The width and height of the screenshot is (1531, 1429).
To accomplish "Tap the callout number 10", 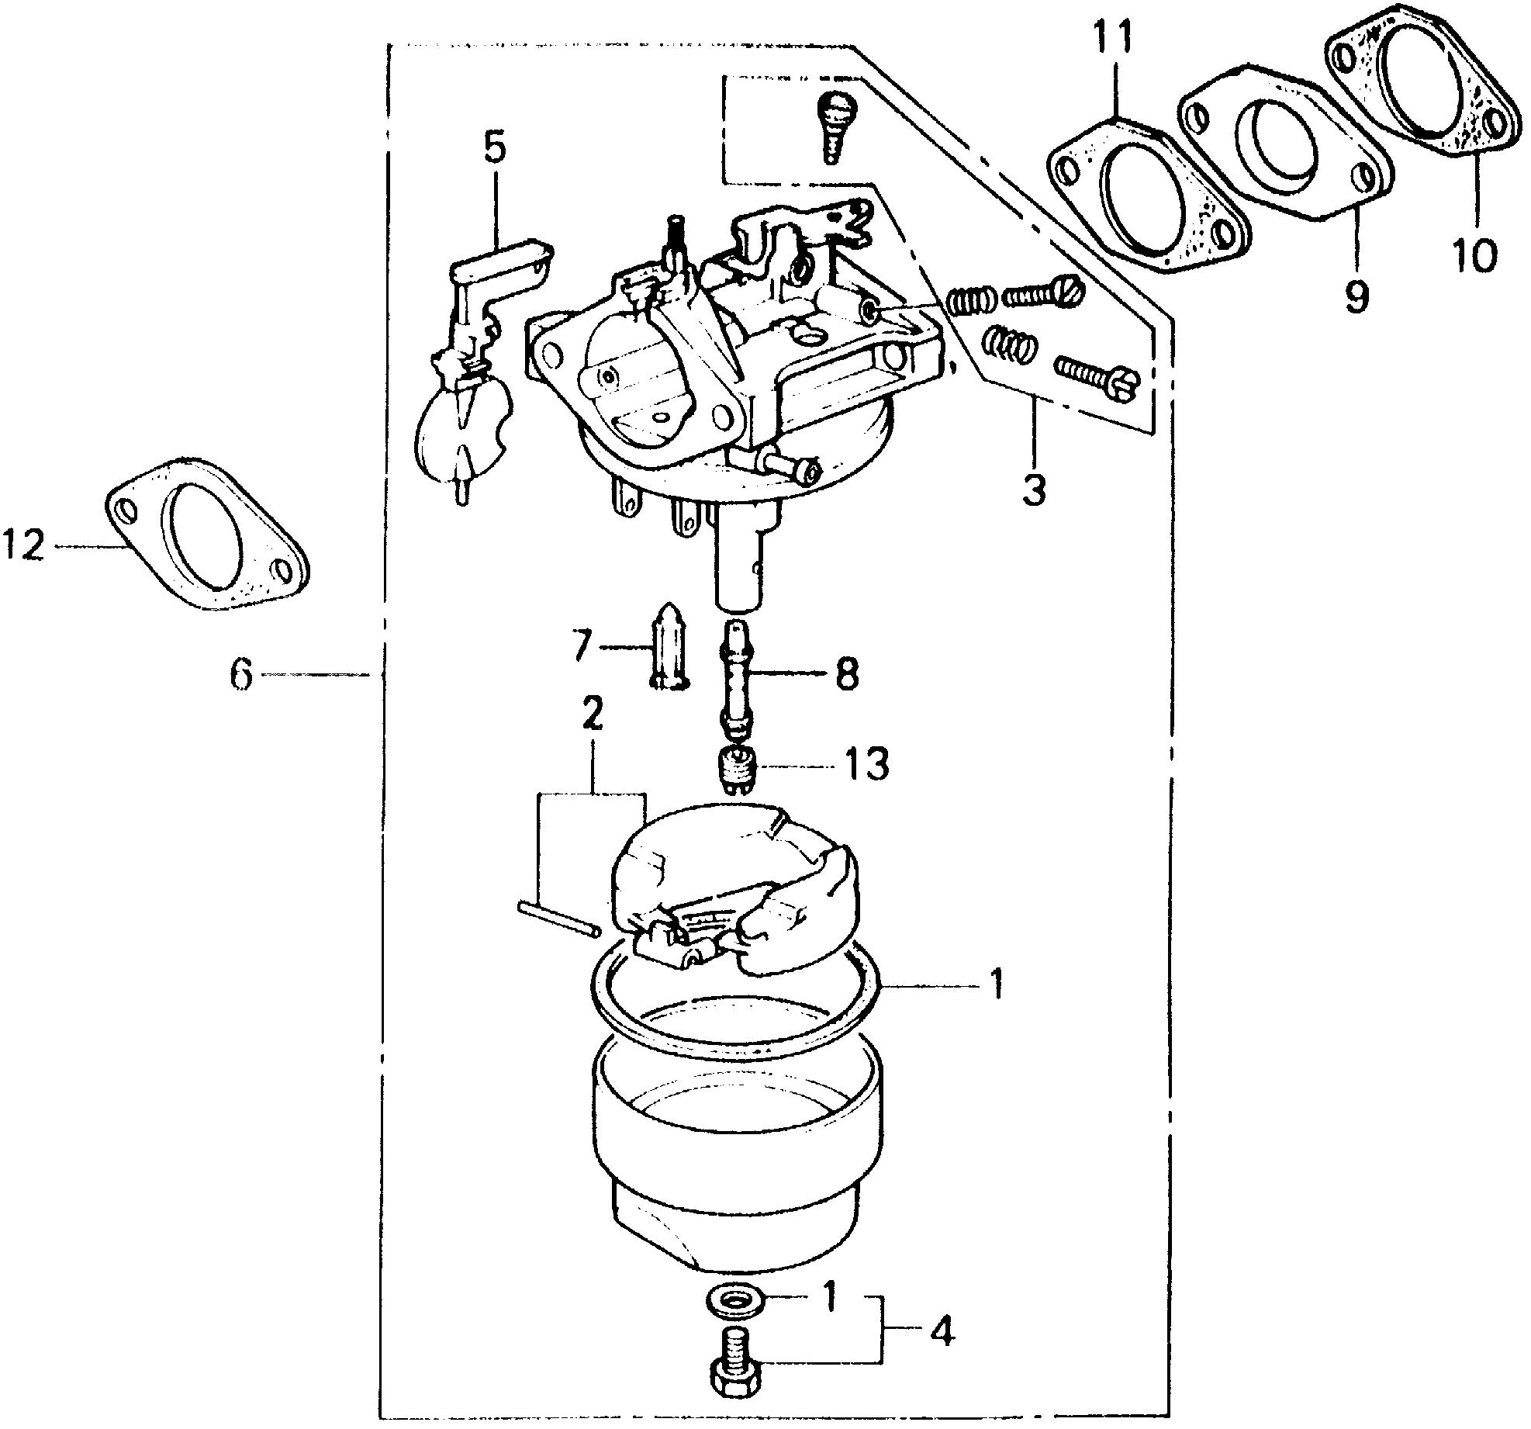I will (1474, 254).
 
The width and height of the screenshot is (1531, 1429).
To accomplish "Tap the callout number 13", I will (867, 766).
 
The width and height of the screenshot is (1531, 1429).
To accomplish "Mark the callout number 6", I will (241, 675).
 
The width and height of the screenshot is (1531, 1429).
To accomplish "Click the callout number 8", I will (846, 674).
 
